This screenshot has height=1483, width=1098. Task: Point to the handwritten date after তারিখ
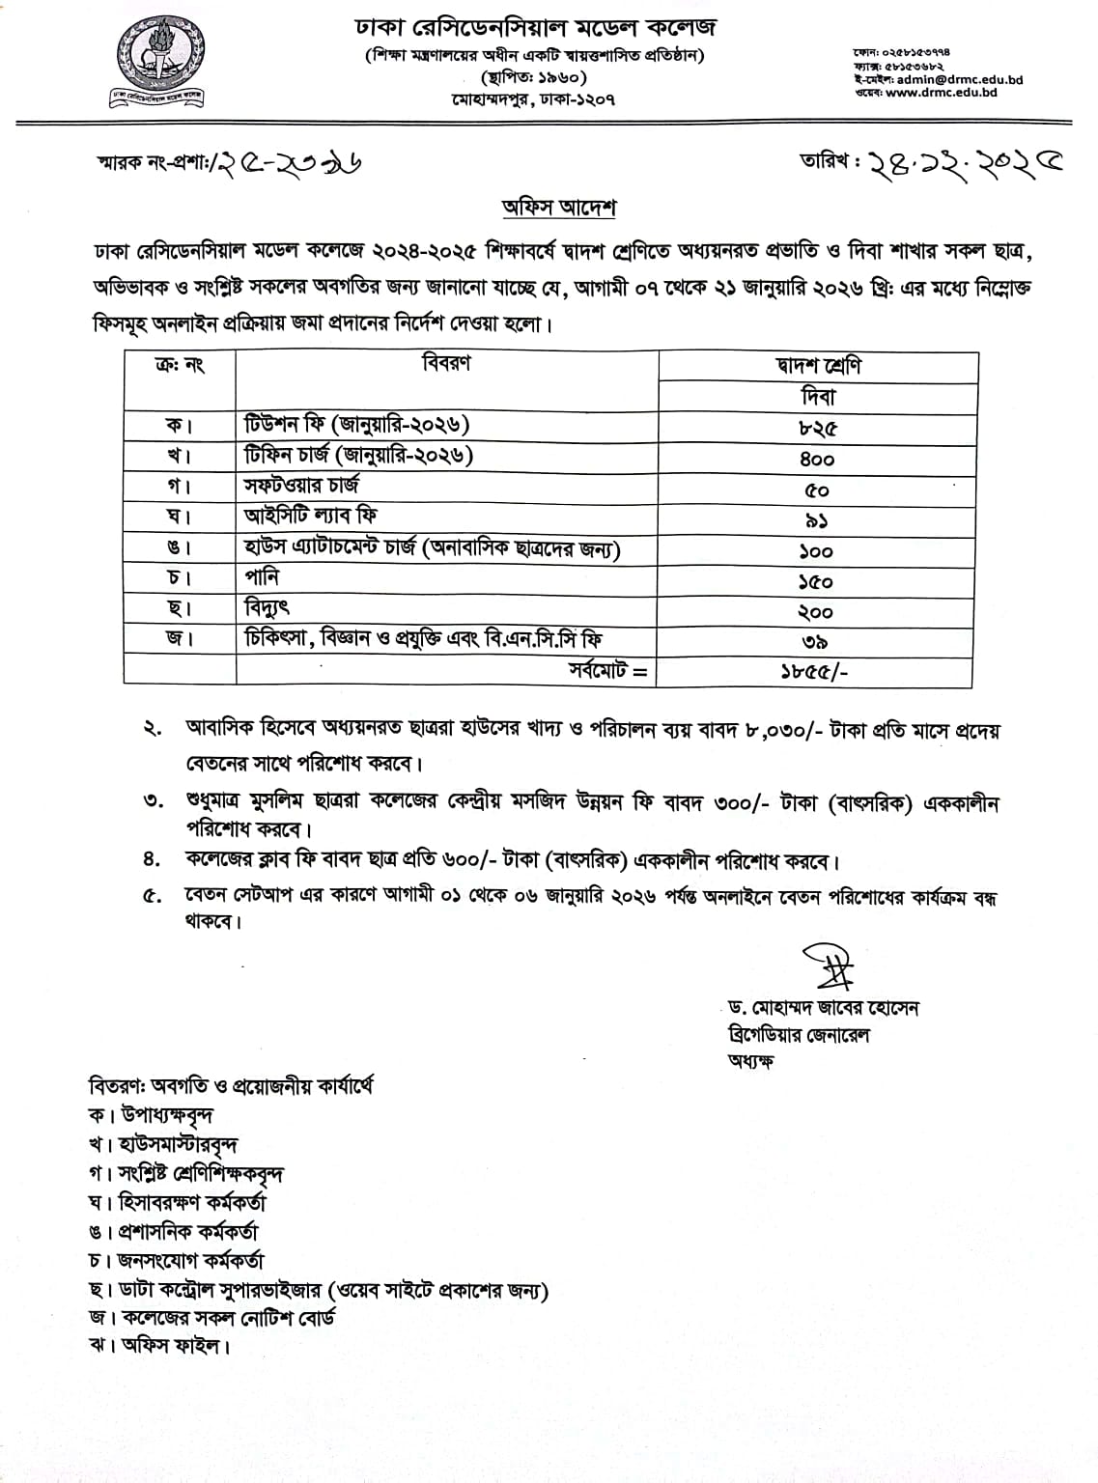(x=951, y=162)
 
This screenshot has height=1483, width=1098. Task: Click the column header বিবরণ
(x=447, y=364)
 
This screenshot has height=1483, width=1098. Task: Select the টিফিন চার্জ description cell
(x=358, y=456)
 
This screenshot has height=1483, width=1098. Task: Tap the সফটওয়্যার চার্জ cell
(x=301, y=486)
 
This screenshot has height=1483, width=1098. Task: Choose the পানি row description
(x=262, y=577)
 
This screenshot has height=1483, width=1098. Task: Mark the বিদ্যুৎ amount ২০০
(x=816, y=612)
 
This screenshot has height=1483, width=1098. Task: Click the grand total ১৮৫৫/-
(x=815, y=673)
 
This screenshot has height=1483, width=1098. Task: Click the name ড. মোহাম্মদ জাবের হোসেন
(x=824, y=1008)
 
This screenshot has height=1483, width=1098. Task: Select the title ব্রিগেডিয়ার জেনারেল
(x=800, y=1034)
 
